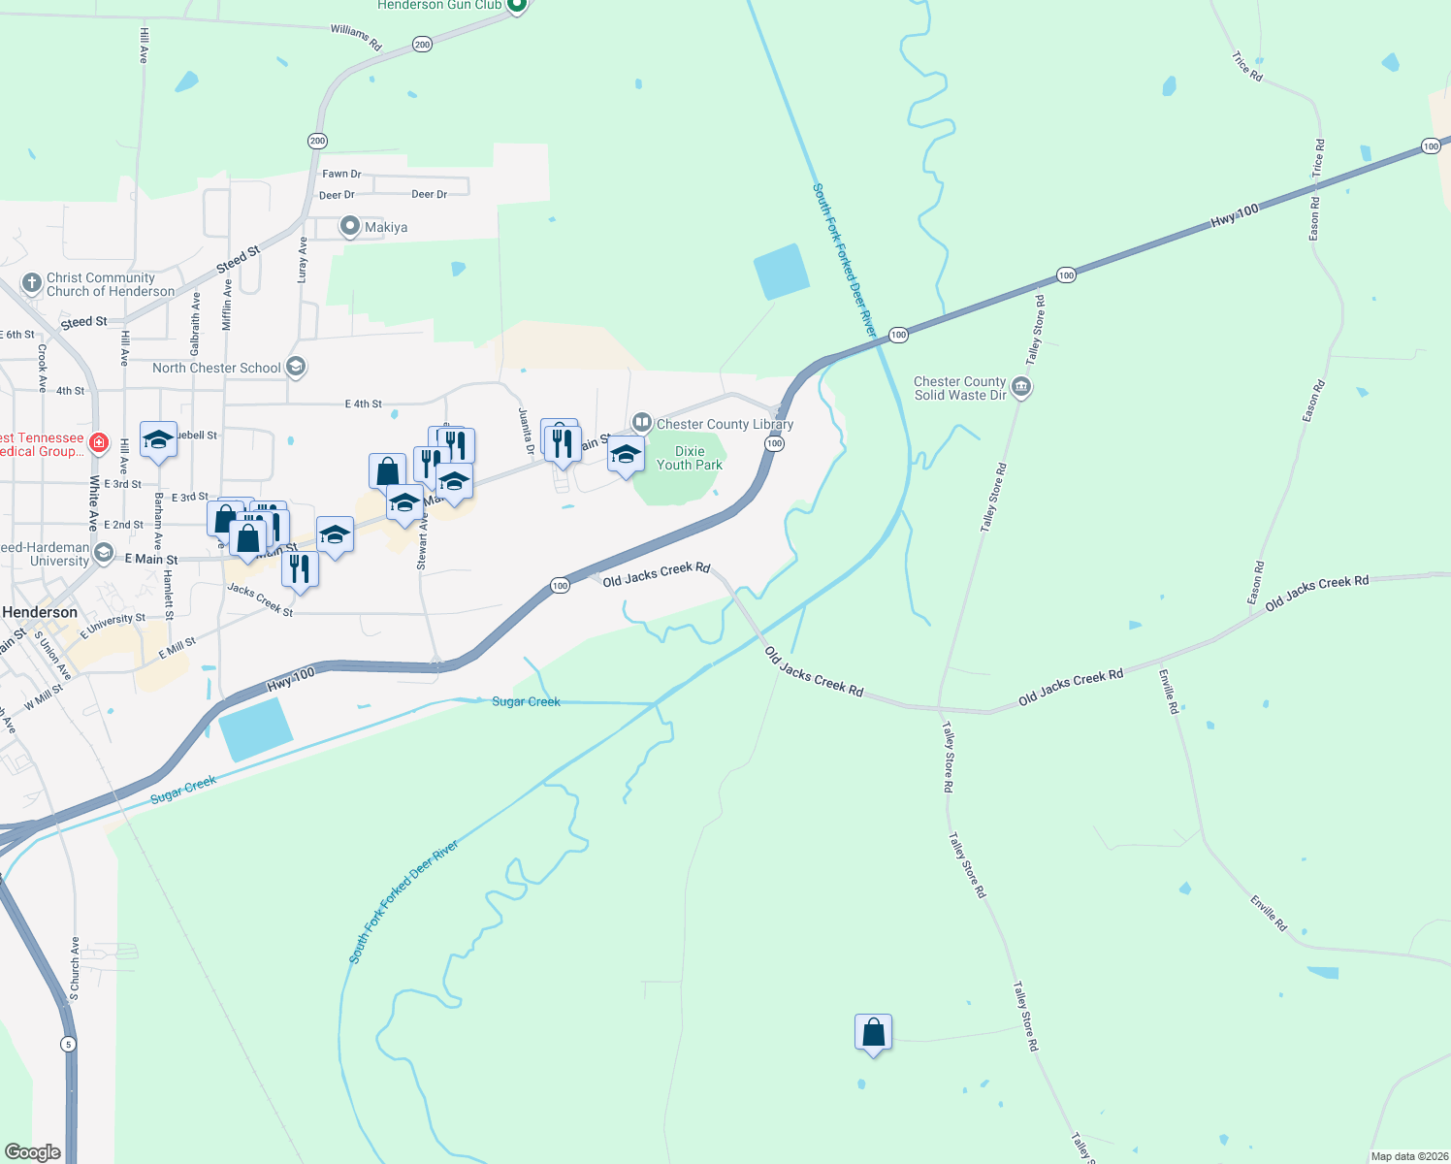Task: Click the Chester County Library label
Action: click(x=725, y=424)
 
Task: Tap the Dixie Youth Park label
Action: click(x=690, y=458)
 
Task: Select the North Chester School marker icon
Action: click(x=297, y=367)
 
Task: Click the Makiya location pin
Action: click(x=350, y=226)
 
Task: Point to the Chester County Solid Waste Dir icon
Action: click(x=1020, y=388)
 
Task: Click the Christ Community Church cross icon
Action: click(x=31, y=283)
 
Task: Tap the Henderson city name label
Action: click(x=40, y=612)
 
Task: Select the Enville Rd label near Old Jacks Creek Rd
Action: click(x=1168, y=692)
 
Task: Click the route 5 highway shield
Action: click(x=67, y=1044)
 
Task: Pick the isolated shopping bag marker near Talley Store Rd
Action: click(x=873, y=1034)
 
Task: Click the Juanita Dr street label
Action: click(x=526, y=432)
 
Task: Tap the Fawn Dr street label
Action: click(x=341, y=174)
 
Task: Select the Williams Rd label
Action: click(x=356, y=37)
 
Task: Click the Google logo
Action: click(x=32, y=1152)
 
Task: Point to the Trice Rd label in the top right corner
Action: click(x=1247, y=66)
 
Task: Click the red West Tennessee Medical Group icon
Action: click(x=99, y=443)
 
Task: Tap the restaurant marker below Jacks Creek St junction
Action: click(x=300, y=568)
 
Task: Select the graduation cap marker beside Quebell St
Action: click(x=158, y=439)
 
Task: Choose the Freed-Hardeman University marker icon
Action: click(x=104, y=553)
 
